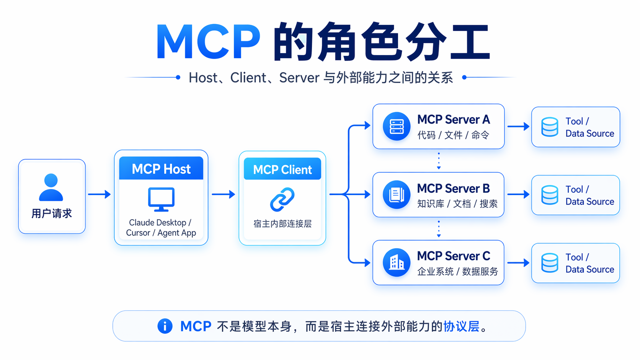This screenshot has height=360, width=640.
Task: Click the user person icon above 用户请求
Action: (x=51, y=187)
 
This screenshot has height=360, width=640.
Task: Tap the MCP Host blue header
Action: (x=161, y=169)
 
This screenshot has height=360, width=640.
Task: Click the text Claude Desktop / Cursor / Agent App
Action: (x=161, y=228)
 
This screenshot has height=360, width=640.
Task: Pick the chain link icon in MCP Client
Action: (x=282, y=199)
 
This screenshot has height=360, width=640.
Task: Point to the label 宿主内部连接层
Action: (x=282, y=224)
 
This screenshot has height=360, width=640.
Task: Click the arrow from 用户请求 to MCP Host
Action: (x=99, y=194)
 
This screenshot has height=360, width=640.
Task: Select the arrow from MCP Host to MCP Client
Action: (x=223, y=194)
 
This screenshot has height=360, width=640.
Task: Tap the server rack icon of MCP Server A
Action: (x=397, y=126)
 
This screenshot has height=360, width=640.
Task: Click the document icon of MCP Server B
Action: (x=397, y=194)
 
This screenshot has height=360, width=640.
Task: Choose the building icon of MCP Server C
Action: (x=397, y=262)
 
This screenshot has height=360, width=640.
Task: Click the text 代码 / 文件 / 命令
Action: (x=453, y=135)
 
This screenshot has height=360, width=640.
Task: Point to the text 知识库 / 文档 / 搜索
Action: (x=457, y=204)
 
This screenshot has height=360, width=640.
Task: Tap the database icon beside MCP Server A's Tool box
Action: (x=550, y=127)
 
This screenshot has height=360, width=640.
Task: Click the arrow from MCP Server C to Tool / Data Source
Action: (x=518, y=263)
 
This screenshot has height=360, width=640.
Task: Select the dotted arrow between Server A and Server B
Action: (x=439, y=161)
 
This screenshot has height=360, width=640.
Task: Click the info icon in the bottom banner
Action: (x=165, y=326)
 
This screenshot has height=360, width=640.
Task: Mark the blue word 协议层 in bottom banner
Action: (x=461, y=326)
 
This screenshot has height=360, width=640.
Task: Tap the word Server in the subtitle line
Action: (x=299, y=78)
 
